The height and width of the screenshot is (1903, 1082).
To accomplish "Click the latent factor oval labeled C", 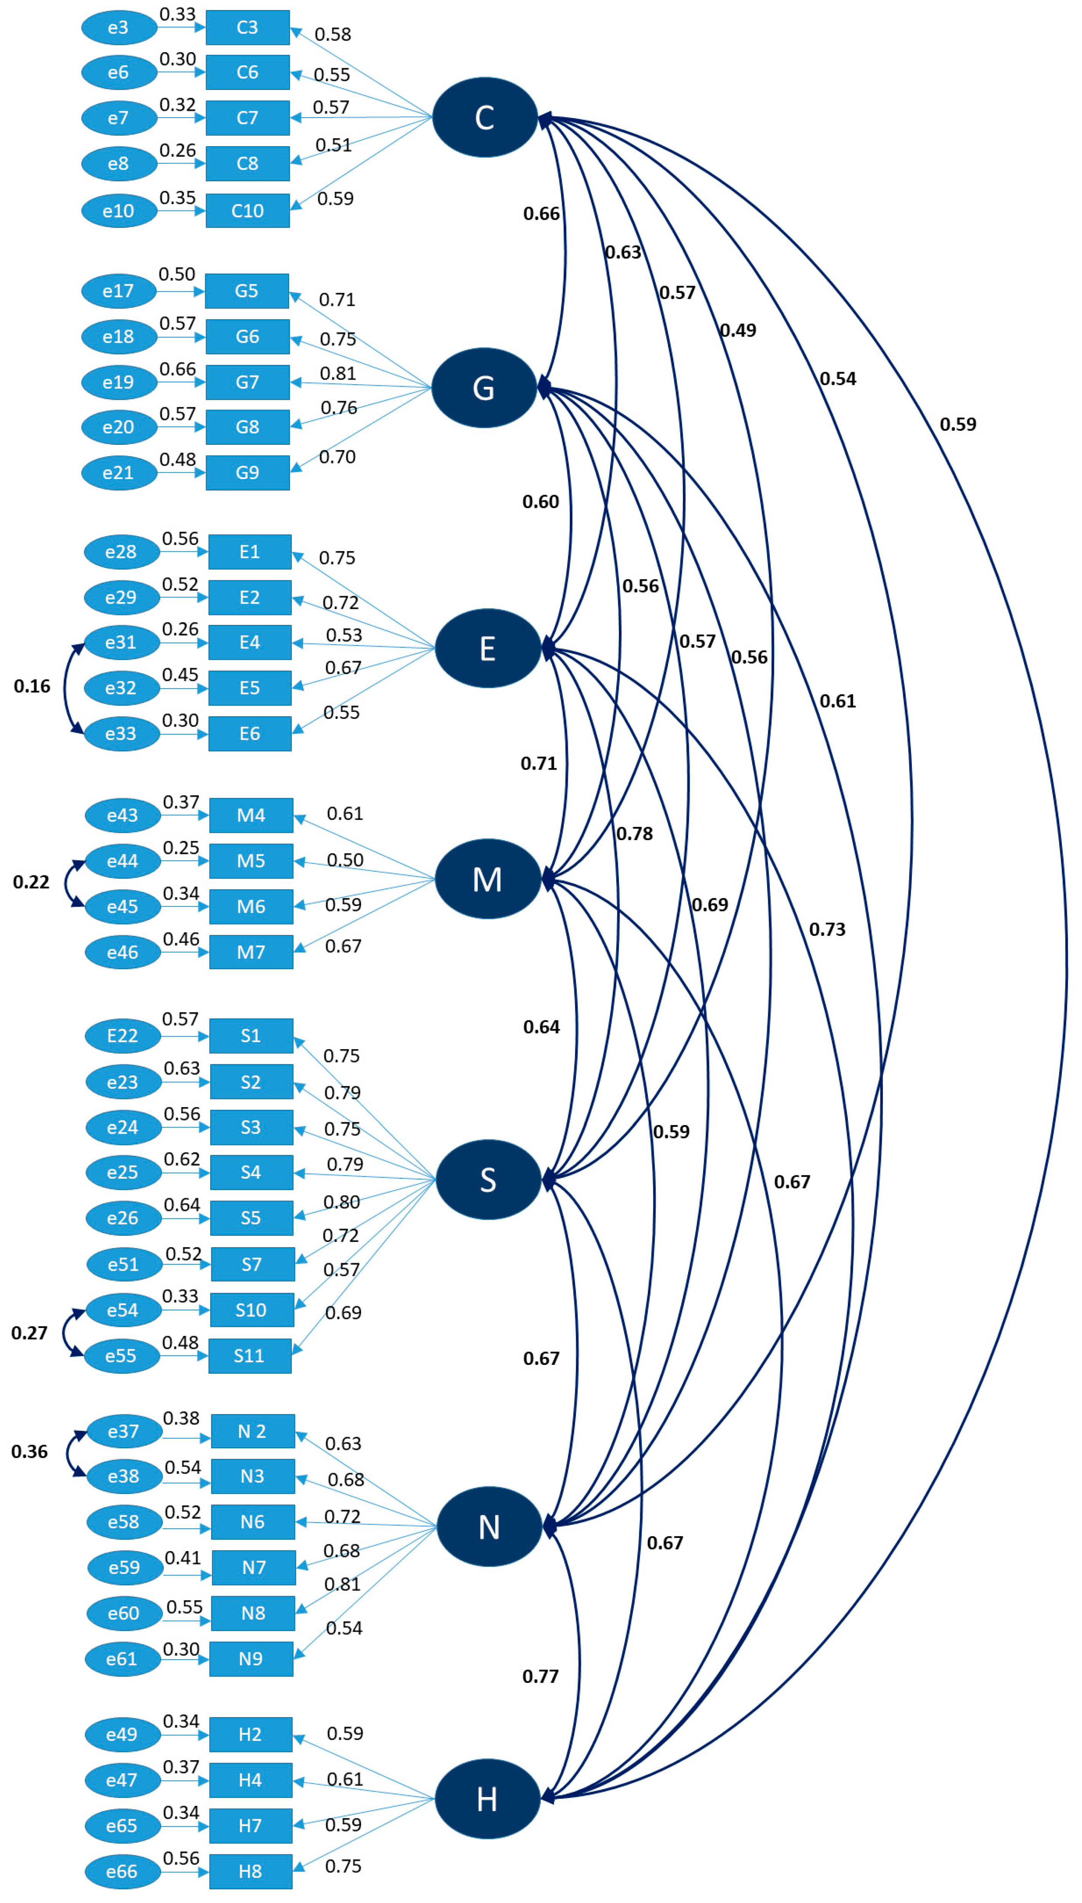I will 484,117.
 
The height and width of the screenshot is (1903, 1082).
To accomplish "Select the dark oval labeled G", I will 484,388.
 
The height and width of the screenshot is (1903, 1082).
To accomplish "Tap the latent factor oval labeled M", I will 487,879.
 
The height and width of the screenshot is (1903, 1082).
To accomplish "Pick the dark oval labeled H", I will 487,1799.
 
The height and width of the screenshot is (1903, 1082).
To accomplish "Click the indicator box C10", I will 248,211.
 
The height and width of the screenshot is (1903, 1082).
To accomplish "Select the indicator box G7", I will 248,382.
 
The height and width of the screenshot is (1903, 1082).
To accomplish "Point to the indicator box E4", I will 250,642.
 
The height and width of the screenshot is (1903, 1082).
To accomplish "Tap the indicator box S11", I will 250,1356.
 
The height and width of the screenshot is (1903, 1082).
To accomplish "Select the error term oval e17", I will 119,291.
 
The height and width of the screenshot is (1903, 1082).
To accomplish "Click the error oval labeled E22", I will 123,1036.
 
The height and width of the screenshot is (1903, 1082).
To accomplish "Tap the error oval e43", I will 123,815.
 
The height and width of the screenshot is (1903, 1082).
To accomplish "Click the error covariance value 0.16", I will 32,686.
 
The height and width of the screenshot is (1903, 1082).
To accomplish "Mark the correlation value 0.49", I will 738,330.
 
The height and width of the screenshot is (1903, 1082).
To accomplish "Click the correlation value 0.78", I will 634,834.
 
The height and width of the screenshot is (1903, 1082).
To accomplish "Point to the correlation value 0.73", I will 827,930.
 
